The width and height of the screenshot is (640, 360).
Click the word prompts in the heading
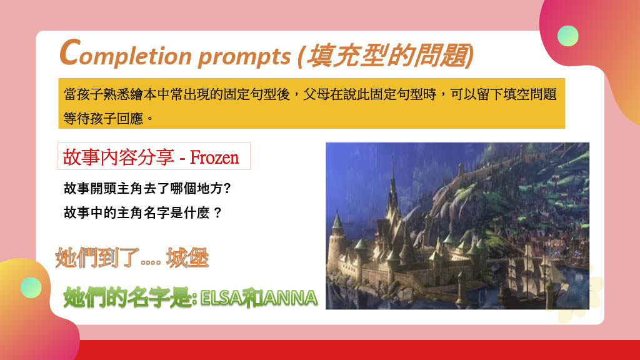tap(244, 57)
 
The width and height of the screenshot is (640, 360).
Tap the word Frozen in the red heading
tap(214, 157)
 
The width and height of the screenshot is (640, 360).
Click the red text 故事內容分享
tap(118, 157)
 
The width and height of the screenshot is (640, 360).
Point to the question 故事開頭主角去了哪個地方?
tap(147, 188)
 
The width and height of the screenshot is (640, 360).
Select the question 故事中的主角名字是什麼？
tap(142, 212)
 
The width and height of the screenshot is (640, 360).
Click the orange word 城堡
tap(187, 257)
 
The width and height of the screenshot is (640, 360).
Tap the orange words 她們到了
tap(97, 257)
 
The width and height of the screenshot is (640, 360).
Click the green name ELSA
tap(221, 298)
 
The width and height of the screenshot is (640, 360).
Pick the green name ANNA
tap(290, 298)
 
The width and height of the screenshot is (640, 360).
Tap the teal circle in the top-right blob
tap(567, 36)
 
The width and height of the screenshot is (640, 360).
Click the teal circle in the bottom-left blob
tap(31, 287)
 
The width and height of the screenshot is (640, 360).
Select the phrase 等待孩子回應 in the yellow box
tap(103, 119)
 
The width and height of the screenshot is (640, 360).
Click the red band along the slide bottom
tap(359, 350)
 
